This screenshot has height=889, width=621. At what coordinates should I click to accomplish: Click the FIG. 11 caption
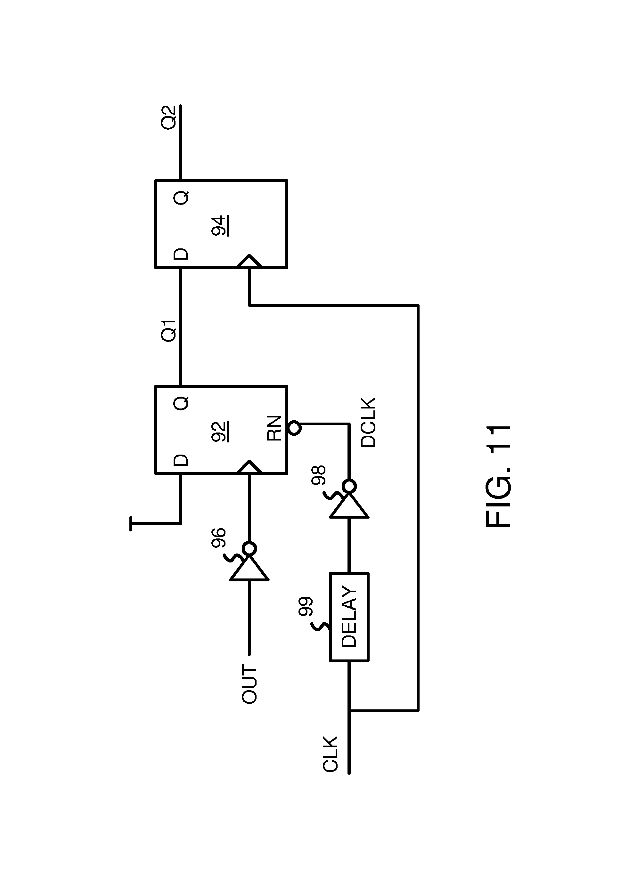point(499,476)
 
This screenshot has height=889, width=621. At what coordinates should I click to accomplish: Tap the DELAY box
point(349,617)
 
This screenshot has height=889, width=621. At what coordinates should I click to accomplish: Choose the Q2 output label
point(169,117)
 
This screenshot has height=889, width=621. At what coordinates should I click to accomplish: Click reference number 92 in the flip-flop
point(220,431)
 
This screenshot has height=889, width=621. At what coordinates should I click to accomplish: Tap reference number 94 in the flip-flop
point(220,225)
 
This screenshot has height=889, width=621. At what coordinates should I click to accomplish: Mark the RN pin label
point(274,428)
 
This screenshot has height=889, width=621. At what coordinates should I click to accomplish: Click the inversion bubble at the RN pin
point(294,429)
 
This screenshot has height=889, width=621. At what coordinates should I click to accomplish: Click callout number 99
point(305,606)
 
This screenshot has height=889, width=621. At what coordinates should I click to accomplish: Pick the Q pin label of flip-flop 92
point(181,403)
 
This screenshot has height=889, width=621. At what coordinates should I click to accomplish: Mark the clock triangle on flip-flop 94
point(249,261)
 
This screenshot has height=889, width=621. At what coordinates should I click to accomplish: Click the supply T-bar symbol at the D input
point(131,523)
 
